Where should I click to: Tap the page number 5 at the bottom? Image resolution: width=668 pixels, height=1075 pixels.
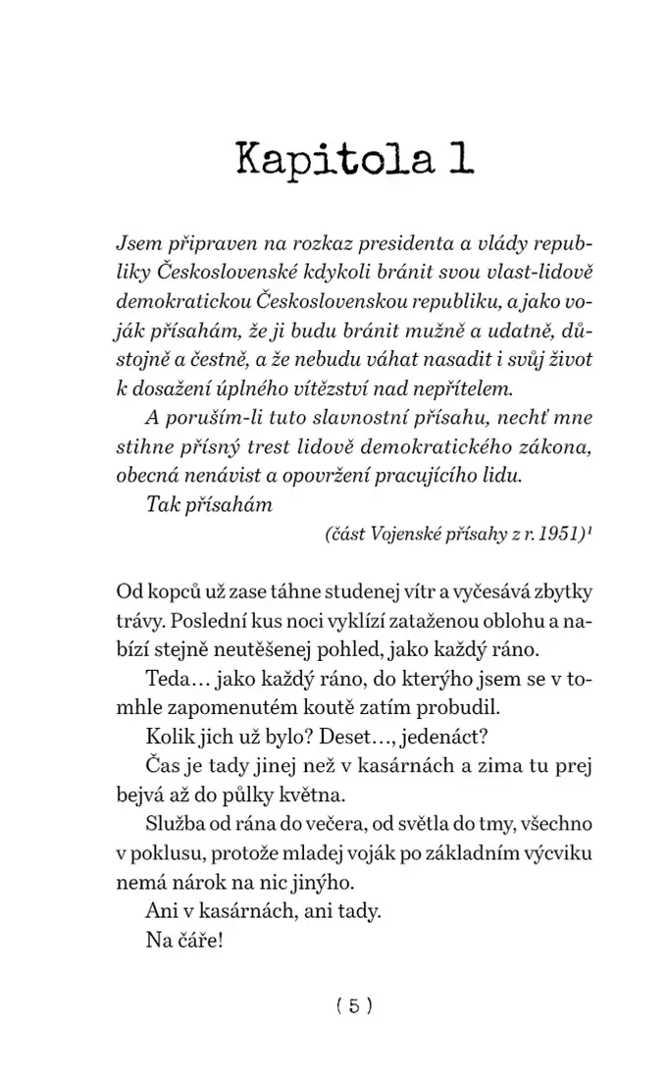point(354,1004)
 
